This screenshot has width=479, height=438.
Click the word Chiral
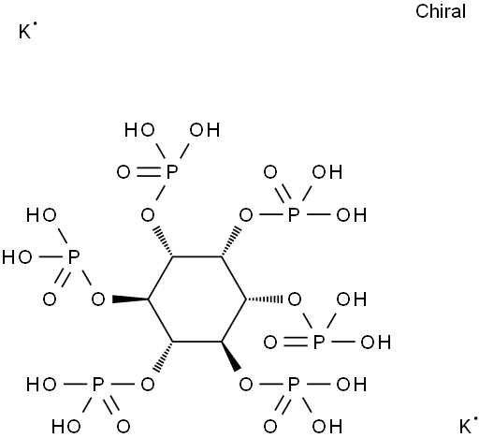pos(441,11)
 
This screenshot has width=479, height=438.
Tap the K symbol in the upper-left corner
pos(24,32)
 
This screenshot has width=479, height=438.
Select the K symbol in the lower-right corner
pos(466,427)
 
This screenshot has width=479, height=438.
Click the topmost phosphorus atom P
pos(172,172)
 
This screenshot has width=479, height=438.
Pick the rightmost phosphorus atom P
pos(319,343)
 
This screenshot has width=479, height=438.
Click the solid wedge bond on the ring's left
pos(130,299)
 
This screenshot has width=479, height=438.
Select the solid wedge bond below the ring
pos(231,356)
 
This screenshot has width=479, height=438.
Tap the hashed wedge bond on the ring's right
pos(265,299)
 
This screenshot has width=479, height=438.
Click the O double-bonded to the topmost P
pos(123,172)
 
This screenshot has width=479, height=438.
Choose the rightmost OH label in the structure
pos(376,343)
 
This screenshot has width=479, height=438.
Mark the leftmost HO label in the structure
pos(17,257)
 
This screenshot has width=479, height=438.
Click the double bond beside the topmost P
pos(149,172)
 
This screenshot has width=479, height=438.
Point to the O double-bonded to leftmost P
pos(50,299)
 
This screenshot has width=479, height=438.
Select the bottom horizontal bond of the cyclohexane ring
pos(197,342)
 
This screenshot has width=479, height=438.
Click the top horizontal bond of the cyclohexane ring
pos(197,257)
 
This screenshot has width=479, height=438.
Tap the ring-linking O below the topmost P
pos(148,215)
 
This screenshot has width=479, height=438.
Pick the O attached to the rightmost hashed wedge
pos(295,299)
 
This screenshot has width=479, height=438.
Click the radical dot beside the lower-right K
pos(475,418)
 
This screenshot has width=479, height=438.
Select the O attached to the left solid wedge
pos(98,299)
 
